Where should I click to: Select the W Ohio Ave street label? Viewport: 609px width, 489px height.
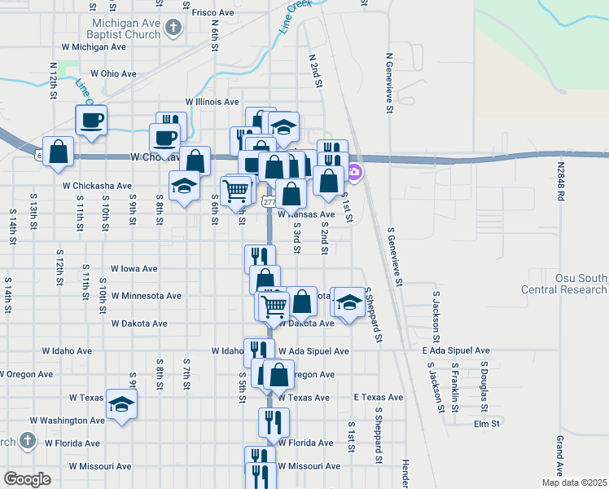(x=113, y=73)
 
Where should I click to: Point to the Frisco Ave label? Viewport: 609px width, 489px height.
(x=212, y=13)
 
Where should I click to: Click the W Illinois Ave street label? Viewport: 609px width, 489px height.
(x=212, y=102)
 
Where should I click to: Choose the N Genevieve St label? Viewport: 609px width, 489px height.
(x=389, y=84)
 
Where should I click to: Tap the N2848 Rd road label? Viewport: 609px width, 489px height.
(x=561, y=182)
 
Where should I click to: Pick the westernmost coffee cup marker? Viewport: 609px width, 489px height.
(x=91, y=120)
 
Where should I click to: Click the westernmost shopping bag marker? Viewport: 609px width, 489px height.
(x=59, y=152)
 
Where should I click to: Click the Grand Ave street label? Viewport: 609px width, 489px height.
(x=560, y=456)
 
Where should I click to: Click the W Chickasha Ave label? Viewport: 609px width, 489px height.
(x=97, y=186)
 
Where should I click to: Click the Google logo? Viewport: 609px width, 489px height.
(x=27, y=479)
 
